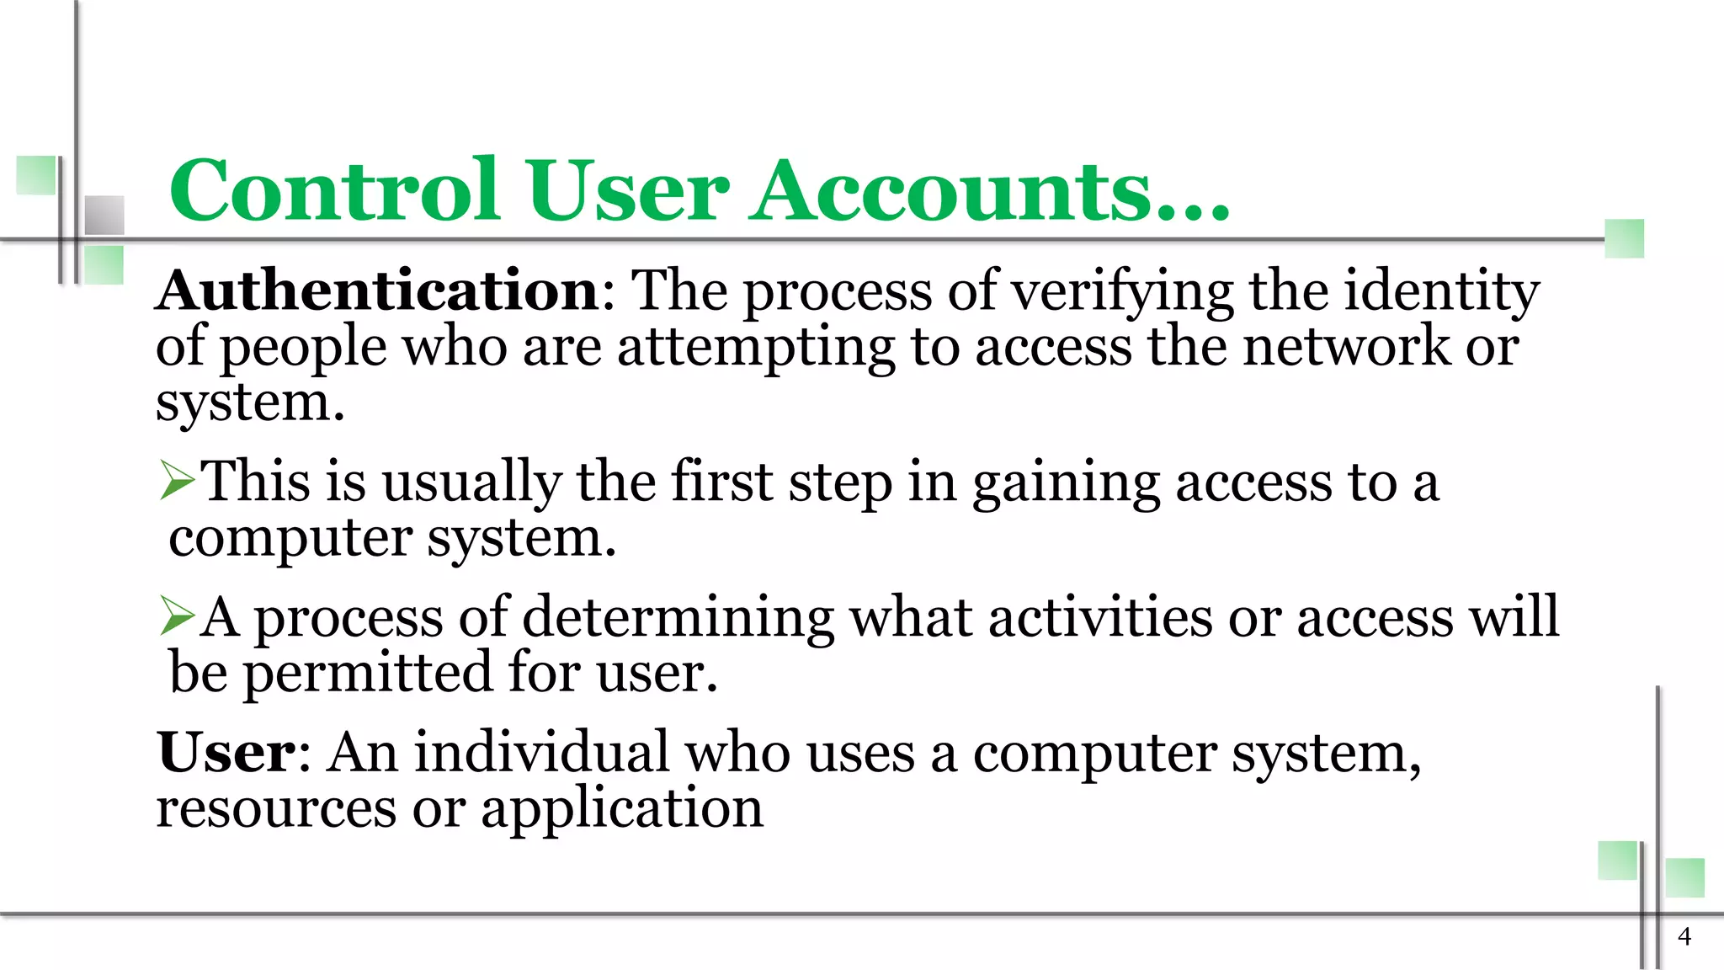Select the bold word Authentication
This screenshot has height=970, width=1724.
[x=378, y=290]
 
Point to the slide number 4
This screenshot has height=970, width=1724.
[x=1684, y=936]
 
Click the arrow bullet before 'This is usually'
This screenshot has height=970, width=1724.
[x=177, y=482]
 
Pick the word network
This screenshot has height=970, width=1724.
[x=1346, y=346]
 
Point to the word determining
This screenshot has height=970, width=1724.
[x=678, y=618]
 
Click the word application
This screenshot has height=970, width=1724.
[x=622, y=809]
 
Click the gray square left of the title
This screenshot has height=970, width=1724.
[x=104, y=215]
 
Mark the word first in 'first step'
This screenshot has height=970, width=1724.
[x=721, y=482]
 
